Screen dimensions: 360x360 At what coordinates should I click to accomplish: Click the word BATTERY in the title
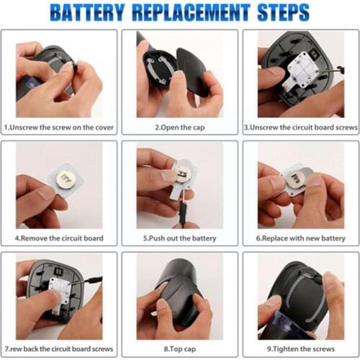[x=95, y=12]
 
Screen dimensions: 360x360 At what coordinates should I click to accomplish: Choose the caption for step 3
[x=300, y=127]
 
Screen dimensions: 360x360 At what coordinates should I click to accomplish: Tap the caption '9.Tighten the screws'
[x=300, y=348]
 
